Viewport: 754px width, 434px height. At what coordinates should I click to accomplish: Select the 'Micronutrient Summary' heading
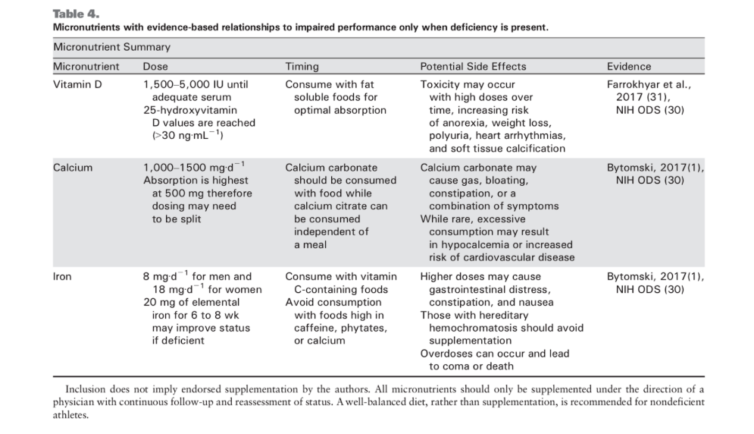[x=111, y=47]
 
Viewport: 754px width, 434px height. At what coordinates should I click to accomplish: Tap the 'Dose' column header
[x=155, y=67]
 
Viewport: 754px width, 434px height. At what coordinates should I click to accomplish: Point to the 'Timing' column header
[x=302, y=67]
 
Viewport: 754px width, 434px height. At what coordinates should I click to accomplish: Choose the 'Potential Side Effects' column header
[x=473, y=67]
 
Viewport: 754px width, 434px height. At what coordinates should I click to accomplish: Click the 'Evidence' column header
[x=629, y=67]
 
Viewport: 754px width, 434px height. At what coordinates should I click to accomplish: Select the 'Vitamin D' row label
[x=77, y=85]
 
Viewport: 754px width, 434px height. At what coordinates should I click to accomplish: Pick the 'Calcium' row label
[x=73, y=168]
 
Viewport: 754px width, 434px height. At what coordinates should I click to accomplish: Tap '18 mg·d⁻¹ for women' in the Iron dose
[x=206, y=289]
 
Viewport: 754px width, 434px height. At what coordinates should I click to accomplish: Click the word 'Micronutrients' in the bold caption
[x=89, y=27]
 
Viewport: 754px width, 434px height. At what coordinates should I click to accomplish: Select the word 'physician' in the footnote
[x=76, y=402]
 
